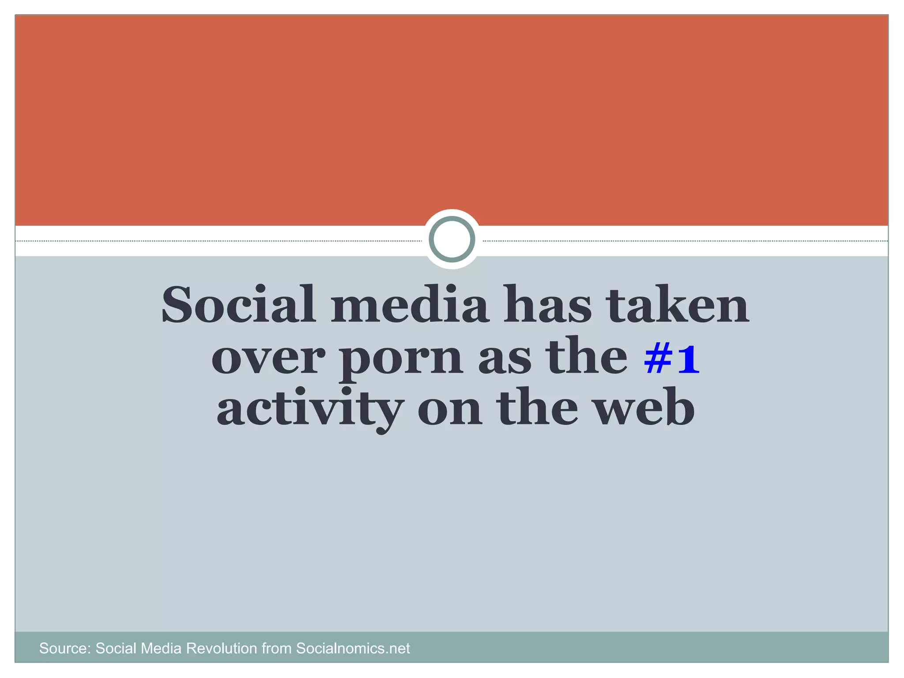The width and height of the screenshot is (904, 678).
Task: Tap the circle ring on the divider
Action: click(452, 239)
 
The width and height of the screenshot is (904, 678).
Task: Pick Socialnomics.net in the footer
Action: click(353, 648)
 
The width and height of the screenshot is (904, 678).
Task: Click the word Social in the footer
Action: click(116, 648)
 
